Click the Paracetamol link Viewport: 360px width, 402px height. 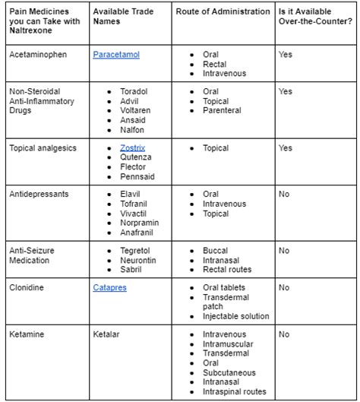116,55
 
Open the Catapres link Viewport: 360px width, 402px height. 109,288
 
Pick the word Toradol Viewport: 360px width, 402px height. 134,92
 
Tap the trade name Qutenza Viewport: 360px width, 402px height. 136,157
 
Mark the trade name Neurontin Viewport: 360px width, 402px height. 137,260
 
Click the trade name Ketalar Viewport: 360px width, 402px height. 107,334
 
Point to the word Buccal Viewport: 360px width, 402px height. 216,251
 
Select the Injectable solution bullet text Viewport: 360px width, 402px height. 236,315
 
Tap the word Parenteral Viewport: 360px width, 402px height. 222,110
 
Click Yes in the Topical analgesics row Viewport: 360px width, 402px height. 286,147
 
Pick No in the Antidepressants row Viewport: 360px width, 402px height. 284,195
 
